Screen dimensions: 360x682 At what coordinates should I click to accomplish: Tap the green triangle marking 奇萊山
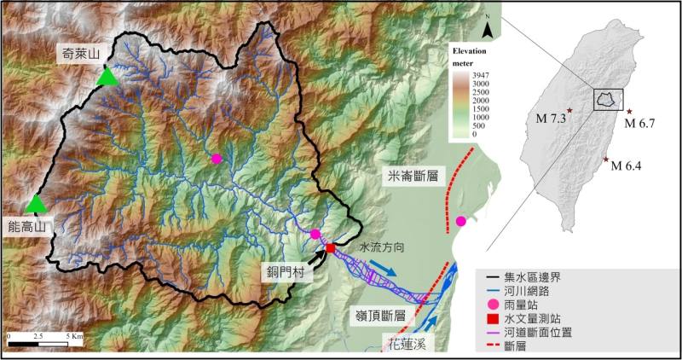click(107, 77)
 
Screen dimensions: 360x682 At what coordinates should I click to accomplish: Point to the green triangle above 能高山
click(36, 204)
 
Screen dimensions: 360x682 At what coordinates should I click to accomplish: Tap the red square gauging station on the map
click(330, 248)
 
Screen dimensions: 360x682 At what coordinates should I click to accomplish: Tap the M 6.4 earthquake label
click(628, 165)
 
